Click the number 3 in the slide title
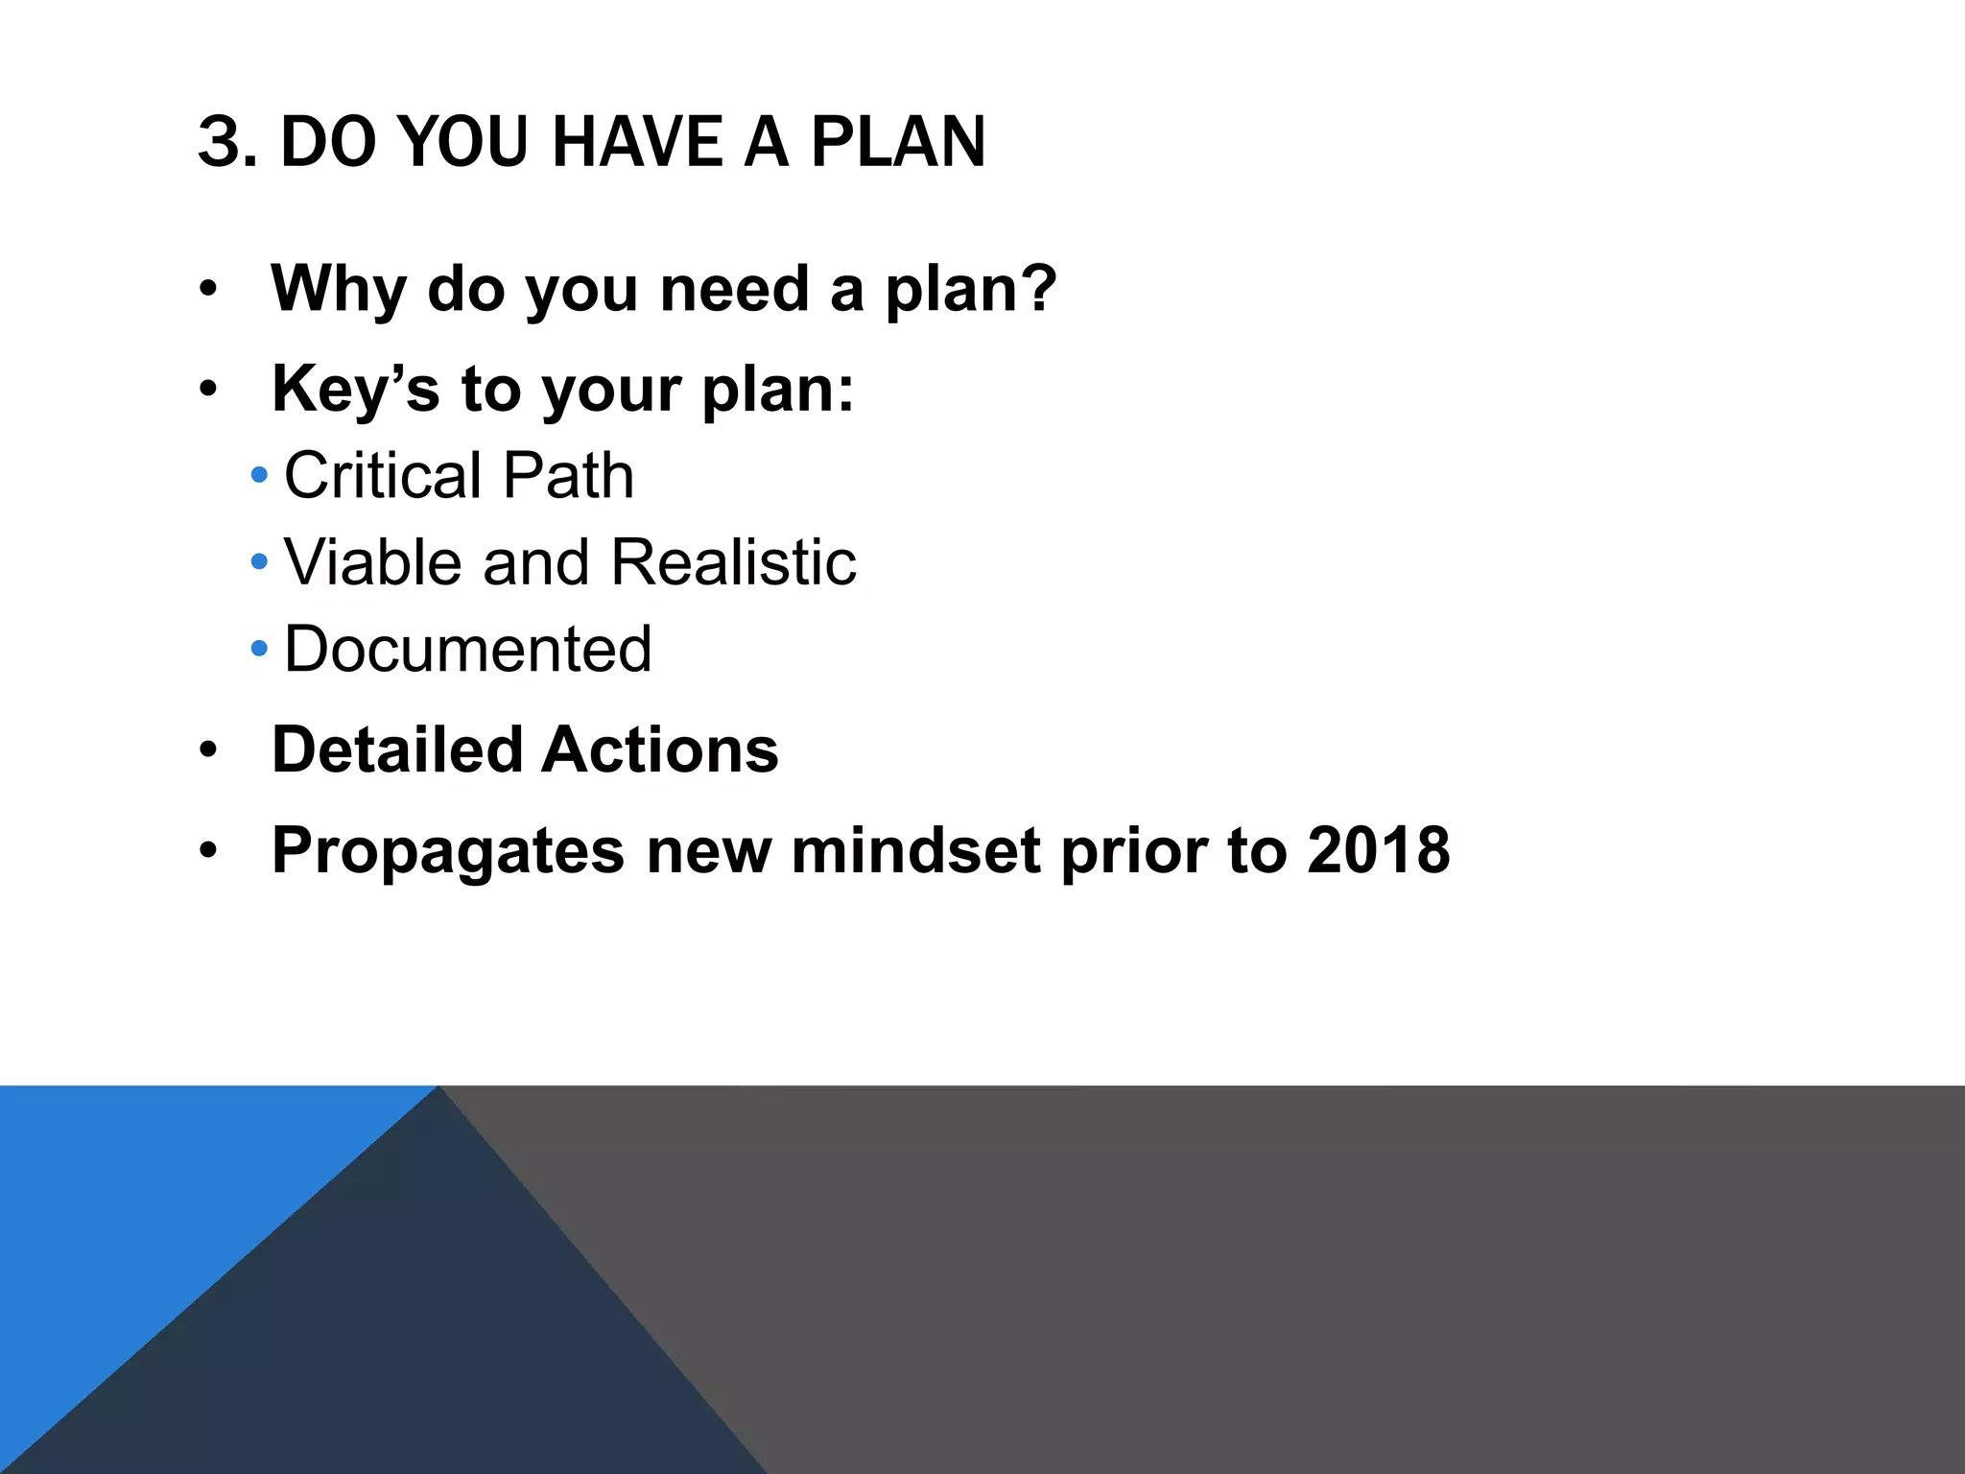click(x=218, y=143)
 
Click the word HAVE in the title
click(x=637, y=143)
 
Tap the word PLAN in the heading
click(x=898, y=143)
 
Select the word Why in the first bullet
click(x=338, y=289)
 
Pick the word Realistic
click(x=733, y=561)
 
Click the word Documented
click(x=468, y=649)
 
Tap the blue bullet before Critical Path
click(x=259, y=475)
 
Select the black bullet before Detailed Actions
click(x=209, y=750)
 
